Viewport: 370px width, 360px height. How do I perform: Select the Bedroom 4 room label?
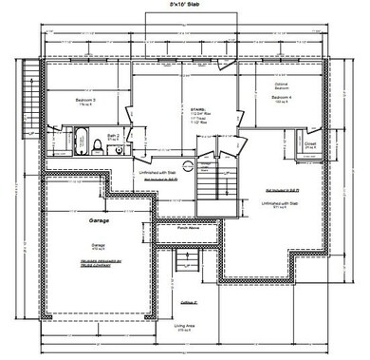[x=280, y=97]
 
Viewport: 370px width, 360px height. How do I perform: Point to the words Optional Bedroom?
[x=280, y=85]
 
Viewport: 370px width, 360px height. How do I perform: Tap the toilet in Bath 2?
[x=97, y=145]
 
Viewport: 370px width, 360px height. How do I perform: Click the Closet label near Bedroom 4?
[x=310, y=145]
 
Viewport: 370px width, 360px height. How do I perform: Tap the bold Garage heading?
[x=100, y=220]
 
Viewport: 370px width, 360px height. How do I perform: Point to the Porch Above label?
[x=188, y=228]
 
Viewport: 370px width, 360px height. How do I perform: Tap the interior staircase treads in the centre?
[x=213, y=175]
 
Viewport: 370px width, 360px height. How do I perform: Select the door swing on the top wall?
[x=225, y=65]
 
